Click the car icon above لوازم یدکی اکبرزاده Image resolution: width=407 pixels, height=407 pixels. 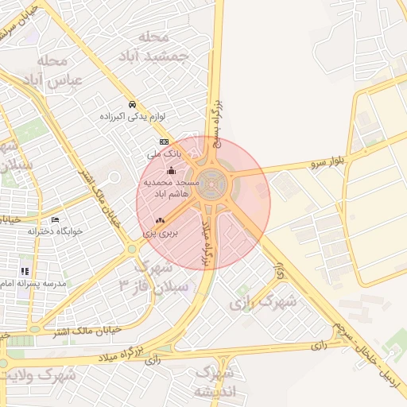coord(132,104)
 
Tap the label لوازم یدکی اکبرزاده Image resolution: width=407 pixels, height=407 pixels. coord(132,116)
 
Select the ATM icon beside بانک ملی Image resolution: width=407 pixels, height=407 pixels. coord(164,141)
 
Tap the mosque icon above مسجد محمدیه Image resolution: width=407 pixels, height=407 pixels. coord(171,170)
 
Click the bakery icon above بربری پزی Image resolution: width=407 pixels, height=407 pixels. coord(161,220)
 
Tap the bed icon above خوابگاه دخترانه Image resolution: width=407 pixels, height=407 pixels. coord(55,219)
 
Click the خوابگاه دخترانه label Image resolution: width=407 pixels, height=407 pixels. coord(56,231)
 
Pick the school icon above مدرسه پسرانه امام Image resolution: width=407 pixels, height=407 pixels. coord(25,271)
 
